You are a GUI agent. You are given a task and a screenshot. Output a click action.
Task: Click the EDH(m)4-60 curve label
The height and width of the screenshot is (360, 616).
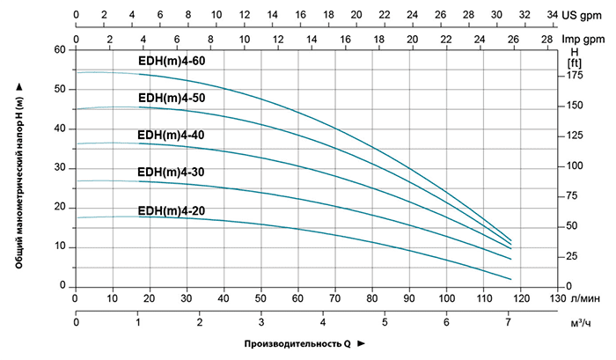pos(172,61)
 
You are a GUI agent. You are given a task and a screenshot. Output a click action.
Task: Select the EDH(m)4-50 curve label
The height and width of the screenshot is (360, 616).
pos(172,98)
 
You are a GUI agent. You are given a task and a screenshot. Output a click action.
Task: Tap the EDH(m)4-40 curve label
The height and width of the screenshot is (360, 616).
pos(172,135)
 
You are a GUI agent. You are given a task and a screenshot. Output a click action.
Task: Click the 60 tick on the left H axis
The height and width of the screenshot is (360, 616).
pos(60,50)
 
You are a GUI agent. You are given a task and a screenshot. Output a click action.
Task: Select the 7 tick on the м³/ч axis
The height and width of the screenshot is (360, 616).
pos(509,322)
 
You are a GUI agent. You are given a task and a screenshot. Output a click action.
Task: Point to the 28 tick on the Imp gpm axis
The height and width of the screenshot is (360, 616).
pos(546,40)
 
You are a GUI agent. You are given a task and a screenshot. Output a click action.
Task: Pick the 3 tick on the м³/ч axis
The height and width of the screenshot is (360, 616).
pos(261,322)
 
